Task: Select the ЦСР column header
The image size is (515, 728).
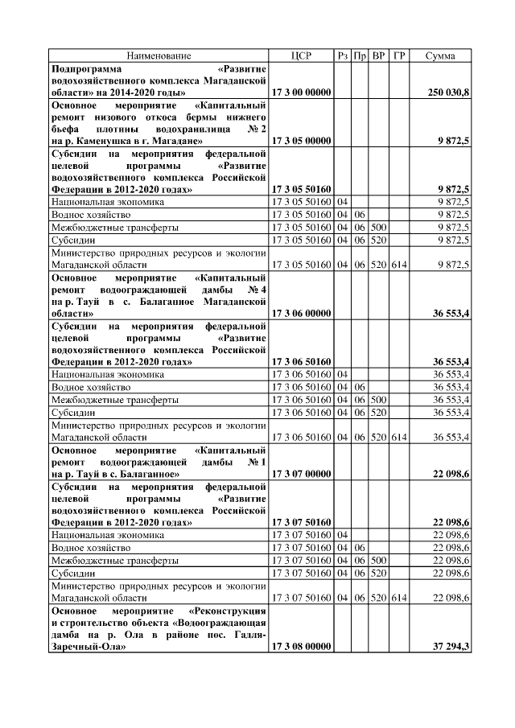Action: [x=302, y=56]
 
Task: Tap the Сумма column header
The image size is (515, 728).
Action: [x=441, y=56]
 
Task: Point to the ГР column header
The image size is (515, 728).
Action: [x=399, y=56]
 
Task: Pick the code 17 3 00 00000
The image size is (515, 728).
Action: [x=302, y=93]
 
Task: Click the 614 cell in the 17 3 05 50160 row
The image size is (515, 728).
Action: [x=399, y=264]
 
